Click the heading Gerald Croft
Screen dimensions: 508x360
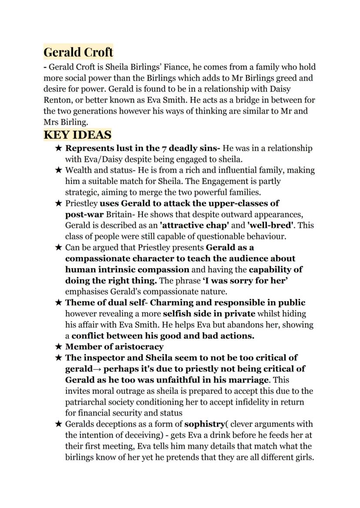(78, 52)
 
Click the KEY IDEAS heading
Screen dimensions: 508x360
(77, 135)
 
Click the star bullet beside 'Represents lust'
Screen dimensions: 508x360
(59, 148)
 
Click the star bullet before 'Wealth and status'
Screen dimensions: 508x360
(59, 170)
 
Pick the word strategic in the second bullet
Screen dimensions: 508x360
(82, 192)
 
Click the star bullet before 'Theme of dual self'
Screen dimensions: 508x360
(59, 303)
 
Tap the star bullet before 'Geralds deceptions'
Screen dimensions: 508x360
(59, 424)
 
